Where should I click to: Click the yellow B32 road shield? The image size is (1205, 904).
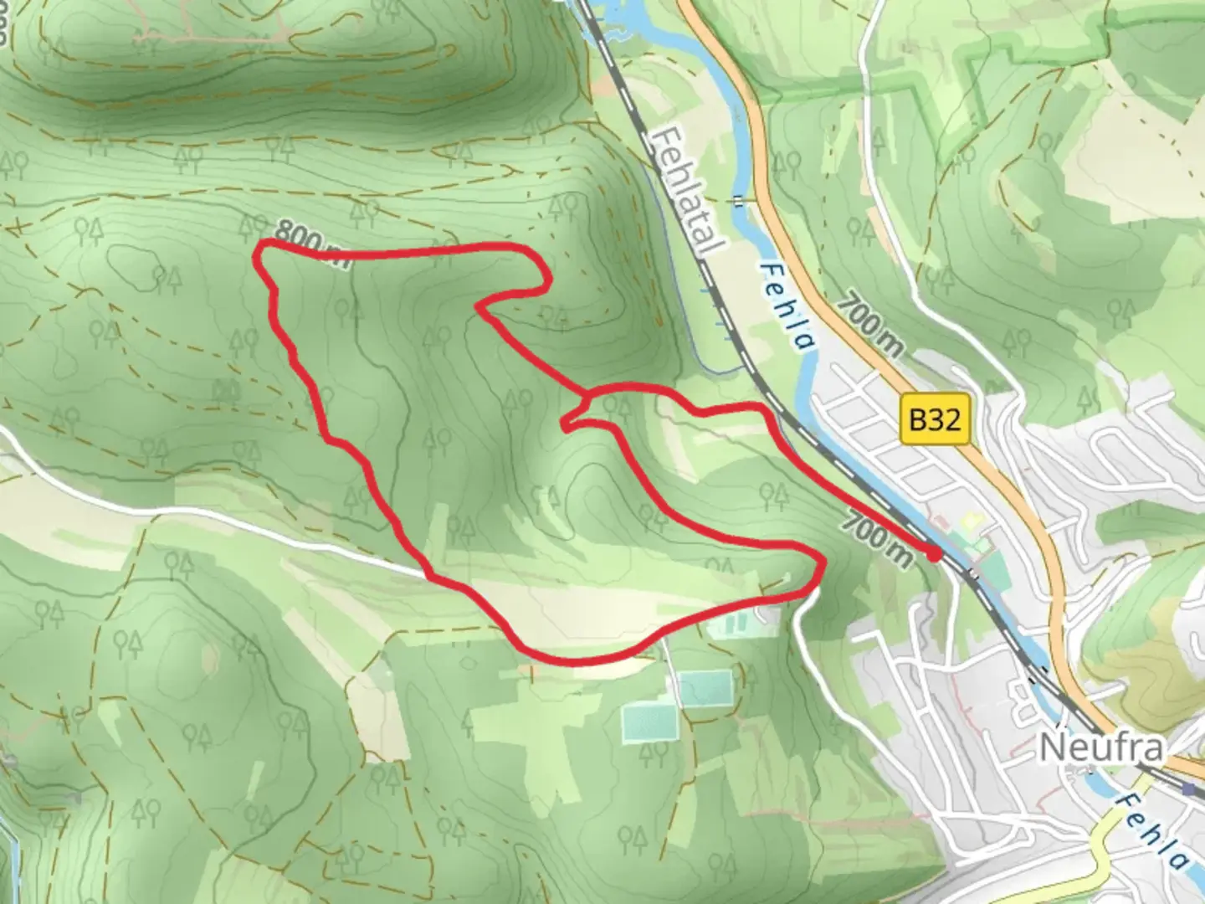933,419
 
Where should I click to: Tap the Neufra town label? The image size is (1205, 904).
1100,748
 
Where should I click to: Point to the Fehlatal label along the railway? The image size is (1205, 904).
691,192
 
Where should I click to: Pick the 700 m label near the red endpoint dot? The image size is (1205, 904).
875,539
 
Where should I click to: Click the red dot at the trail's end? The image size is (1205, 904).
934,553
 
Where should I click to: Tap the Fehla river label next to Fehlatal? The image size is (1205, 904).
787,306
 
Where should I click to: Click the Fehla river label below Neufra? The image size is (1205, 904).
1156,832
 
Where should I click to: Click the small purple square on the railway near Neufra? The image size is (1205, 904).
1189,788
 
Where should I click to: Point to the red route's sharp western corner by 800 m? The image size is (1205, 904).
259,246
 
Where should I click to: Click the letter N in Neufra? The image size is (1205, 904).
1051,748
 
